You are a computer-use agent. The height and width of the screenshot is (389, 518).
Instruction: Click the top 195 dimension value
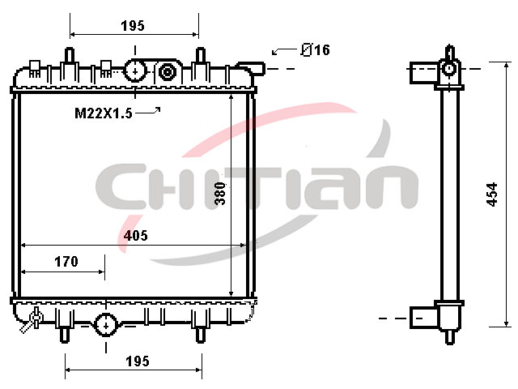tap(133, 25)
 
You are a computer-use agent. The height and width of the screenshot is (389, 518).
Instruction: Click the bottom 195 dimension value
tap(138, 361)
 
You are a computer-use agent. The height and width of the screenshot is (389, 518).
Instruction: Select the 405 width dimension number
tap(135, 235)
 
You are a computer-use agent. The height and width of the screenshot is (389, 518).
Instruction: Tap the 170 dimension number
tap(66, 261)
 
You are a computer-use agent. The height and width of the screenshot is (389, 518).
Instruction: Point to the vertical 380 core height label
tap(220, 194)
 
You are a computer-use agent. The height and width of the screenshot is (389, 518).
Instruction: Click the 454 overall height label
tap(492, 194)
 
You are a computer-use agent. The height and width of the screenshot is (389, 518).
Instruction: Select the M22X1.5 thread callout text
tap(104, 113)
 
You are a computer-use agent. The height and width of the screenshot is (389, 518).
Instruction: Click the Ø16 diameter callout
tap(315, 50)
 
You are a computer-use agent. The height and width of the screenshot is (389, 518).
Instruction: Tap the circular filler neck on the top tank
tap(135, 71)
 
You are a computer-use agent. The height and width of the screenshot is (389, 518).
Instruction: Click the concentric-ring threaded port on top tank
tap(167, 72)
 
